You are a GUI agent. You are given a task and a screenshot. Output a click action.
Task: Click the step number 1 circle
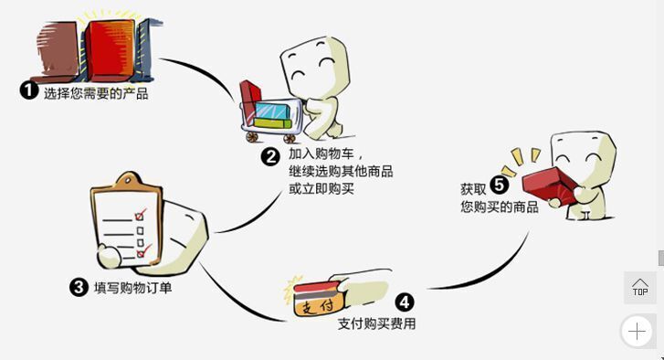pos(29,90)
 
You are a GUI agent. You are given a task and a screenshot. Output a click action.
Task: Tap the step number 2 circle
pos(269,156)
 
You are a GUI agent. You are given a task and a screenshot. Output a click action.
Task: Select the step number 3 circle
pos(79,287)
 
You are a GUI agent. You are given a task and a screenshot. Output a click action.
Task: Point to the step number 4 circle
pos(404,302)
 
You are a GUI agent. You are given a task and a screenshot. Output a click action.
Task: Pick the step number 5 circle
pos(499,184)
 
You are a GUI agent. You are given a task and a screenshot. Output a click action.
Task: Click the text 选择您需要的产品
pos(96,92)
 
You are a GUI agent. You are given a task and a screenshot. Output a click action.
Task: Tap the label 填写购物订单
pos(133,288)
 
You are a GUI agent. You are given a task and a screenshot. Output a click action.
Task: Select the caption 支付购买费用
pos(376,323)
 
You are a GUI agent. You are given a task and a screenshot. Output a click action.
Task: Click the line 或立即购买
pos(321,188)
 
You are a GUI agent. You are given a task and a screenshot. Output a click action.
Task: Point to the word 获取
pos(473,189)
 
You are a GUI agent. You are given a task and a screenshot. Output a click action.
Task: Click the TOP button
pos(640,287)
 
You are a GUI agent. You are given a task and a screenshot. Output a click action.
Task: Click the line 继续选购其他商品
pos(341,172)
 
